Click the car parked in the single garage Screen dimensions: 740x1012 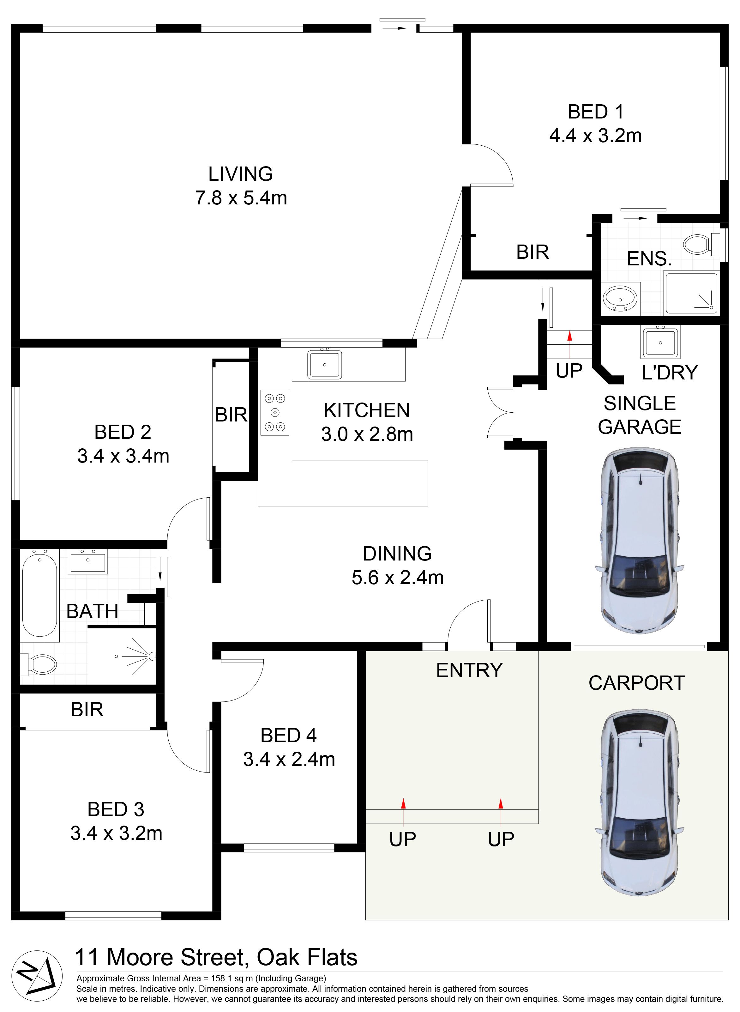point(640,540)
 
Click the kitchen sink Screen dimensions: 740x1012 point(325,364)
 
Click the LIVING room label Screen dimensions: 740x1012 point(241,174)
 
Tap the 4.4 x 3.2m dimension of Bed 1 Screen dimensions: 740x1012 point(595,135)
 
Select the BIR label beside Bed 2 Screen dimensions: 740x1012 point(231,415)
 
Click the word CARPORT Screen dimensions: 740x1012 point(636,683)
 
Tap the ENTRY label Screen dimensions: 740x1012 point(469,670)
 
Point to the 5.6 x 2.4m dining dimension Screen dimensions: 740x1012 point(398,578)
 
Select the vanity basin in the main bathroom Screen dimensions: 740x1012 point(88,561)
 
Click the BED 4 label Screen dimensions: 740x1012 point(289,736)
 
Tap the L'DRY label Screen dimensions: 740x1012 point(670,372)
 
